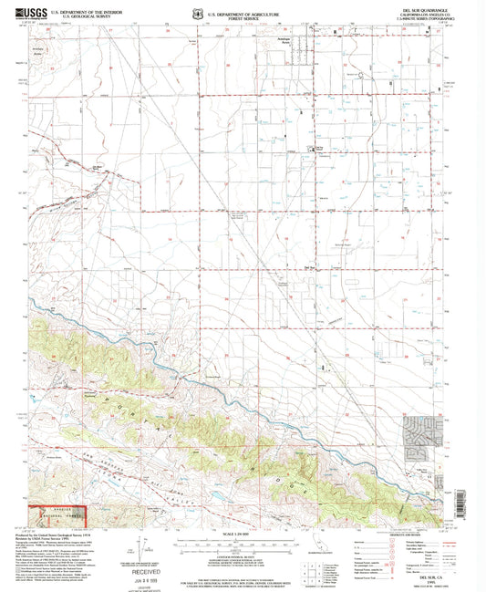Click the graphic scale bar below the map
[243, 541]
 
